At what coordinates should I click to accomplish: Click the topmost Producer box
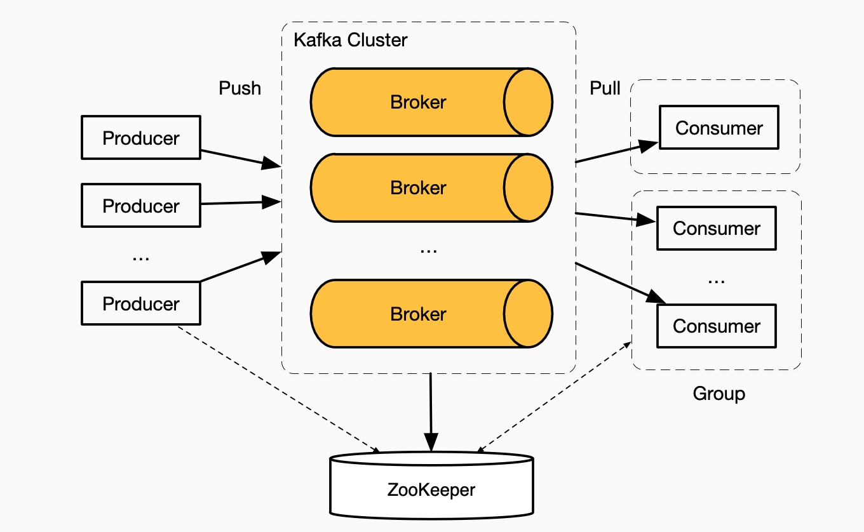[x=140, y=137]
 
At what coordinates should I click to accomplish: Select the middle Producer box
[x=140, y=205]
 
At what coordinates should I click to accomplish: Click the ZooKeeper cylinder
[x=431, y=489]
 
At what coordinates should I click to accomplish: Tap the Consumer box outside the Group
[x=719, y=128]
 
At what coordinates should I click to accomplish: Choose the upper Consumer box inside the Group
[x=716, y=228]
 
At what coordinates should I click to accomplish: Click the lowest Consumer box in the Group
[x=716, y=326]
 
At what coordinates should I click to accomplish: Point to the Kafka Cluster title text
[x=350, y=40]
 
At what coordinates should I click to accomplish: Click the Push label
[x=240, y=88]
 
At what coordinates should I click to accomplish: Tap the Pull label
[x=605, y=88]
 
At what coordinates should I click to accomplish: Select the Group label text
[x=719, y=394]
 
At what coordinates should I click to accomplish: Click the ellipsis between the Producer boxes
[x=140, y=257]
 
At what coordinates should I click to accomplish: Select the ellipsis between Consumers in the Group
[x=716, y=279]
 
